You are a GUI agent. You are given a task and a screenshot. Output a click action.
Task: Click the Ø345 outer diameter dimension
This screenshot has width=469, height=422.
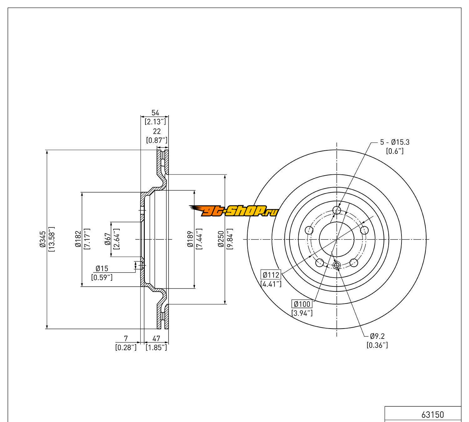tap(43, 239)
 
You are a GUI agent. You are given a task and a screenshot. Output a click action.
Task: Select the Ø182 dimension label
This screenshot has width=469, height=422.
tap(78, 239)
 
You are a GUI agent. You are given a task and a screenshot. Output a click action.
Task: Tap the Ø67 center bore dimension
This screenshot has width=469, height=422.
tap(108, 239)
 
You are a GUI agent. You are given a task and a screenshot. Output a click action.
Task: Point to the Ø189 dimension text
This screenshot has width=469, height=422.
tap(190, 239)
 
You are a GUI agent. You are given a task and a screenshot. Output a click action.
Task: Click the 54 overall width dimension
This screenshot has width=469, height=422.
tap(155, 113)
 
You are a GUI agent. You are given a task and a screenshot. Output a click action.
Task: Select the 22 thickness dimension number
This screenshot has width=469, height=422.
tap(156, 132)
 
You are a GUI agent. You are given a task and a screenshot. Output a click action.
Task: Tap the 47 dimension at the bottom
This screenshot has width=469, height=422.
tap(156, 338)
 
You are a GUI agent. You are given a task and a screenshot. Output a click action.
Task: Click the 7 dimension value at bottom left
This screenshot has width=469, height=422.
tap(126, 338)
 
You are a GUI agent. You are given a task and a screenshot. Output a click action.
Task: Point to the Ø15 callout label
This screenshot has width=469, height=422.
tap(102, 268)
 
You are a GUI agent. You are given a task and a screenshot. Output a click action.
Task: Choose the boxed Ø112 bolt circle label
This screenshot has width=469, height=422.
tap(271, 275)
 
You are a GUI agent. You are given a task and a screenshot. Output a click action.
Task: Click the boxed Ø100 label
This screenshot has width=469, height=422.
tap(302, 304)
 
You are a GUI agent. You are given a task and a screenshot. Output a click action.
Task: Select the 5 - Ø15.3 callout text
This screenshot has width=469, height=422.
tap(395, 142)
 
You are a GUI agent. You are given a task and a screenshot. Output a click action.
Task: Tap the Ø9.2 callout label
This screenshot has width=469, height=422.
tap(377, 336)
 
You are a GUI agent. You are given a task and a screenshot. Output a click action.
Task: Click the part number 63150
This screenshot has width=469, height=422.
tap(432, 415)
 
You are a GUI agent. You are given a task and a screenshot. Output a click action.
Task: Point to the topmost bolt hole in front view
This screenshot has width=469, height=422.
tap(337, 210)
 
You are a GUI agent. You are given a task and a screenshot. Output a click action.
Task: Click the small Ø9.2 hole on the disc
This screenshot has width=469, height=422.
tap(337, 265)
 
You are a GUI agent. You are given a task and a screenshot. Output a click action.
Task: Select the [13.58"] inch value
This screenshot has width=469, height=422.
tap(52, 239)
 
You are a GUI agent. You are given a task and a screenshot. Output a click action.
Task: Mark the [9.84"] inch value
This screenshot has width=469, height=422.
tap(230, 239)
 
